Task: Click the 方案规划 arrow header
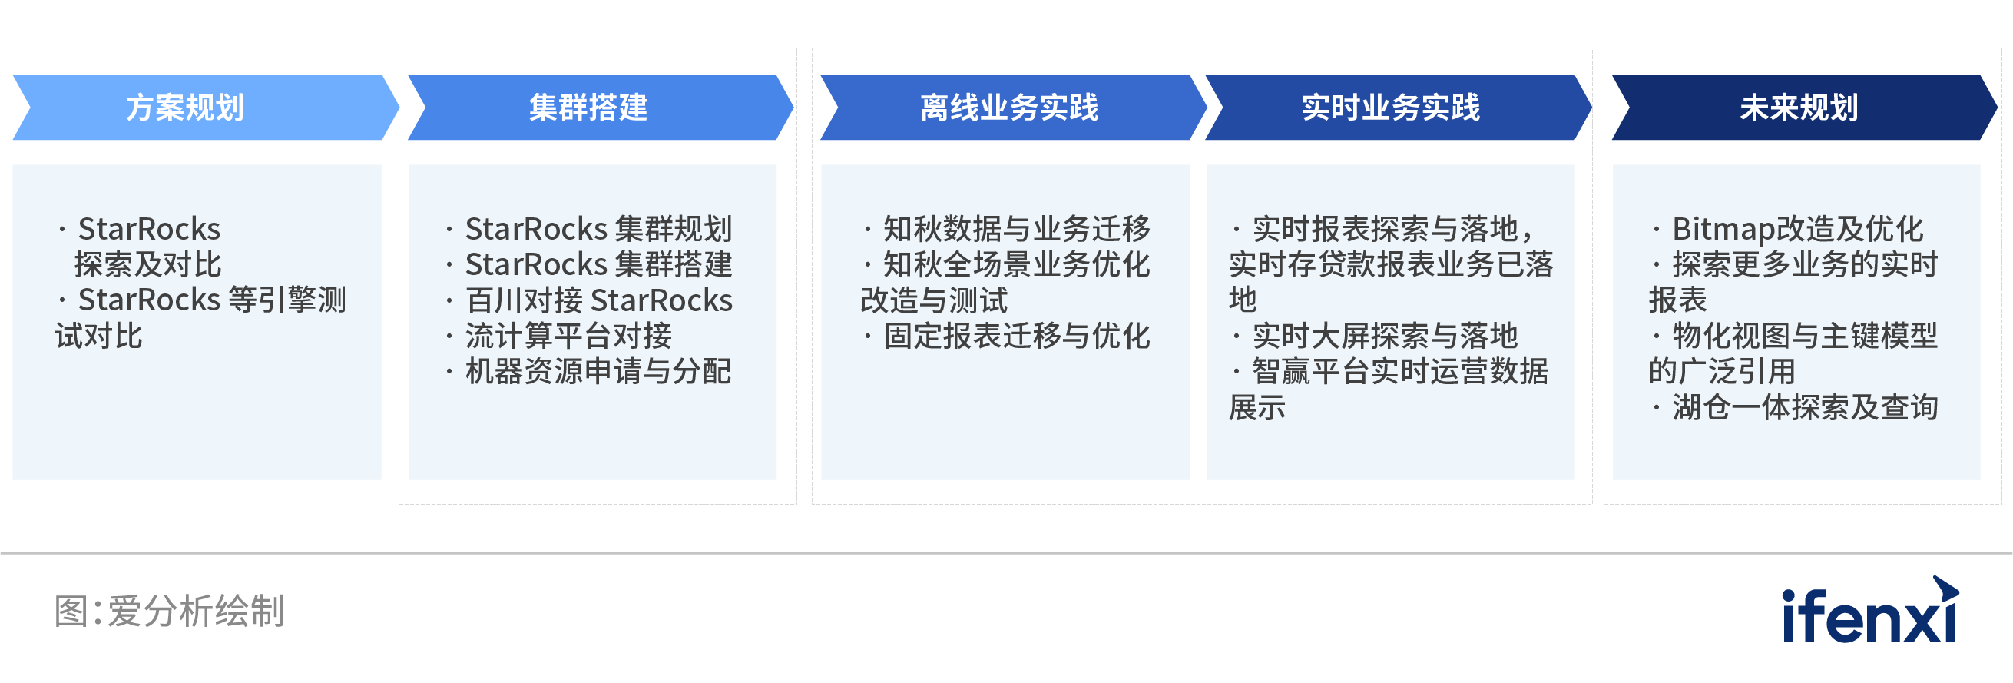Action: (x=186, y=108)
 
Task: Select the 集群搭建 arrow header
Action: (x=588, y=108)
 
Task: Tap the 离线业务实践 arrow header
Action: (x=1009, y=108)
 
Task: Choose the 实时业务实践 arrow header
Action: (x=1391, y=108)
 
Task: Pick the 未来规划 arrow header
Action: (x=1798, y=108)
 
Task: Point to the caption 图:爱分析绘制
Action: (x=169, y=611)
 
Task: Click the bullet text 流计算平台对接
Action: (x=568, y=336)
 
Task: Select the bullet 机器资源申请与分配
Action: (x=598, y=371)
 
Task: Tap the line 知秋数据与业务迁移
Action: (x=1016, y=229)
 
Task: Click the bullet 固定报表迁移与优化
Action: (x=1016, y=336)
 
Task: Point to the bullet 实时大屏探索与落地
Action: (x=1384, y=336)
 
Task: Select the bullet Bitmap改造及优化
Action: (x=1797, y=229)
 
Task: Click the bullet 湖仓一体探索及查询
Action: (x=1804, y=407)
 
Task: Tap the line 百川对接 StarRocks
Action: (x=598, y=301)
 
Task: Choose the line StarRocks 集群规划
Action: (x=598, y=229)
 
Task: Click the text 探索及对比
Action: (x=147, y=265)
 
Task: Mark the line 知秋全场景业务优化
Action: (x=1016, y=265)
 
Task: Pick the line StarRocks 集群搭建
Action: (x=598, y=265)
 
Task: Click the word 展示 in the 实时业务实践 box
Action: (x=1256, y=408)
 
